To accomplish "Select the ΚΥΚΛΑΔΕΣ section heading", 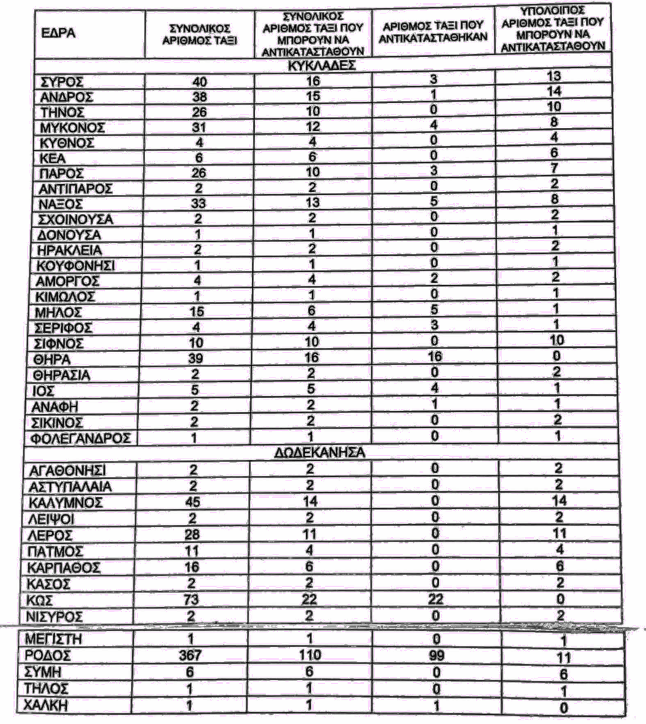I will point(320,66).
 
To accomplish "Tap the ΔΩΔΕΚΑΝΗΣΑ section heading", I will point(320,453).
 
